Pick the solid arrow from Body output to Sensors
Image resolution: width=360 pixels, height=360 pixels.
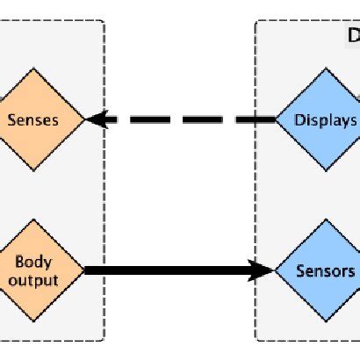pos(176,270)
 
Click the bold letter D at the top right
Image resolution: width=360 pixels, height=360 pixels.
pos(353,35)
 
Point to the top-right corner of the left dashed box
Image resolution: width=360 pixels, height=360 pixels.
pos(104,22)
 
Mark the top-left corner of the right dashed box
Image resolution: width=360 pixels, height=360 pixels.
pos(256,22)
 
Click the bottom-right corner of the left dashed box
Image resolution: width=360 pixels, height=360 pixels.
pos(104,339)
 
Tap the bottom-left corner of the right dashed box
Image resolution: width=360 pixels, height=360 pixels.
pos(256,339)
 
